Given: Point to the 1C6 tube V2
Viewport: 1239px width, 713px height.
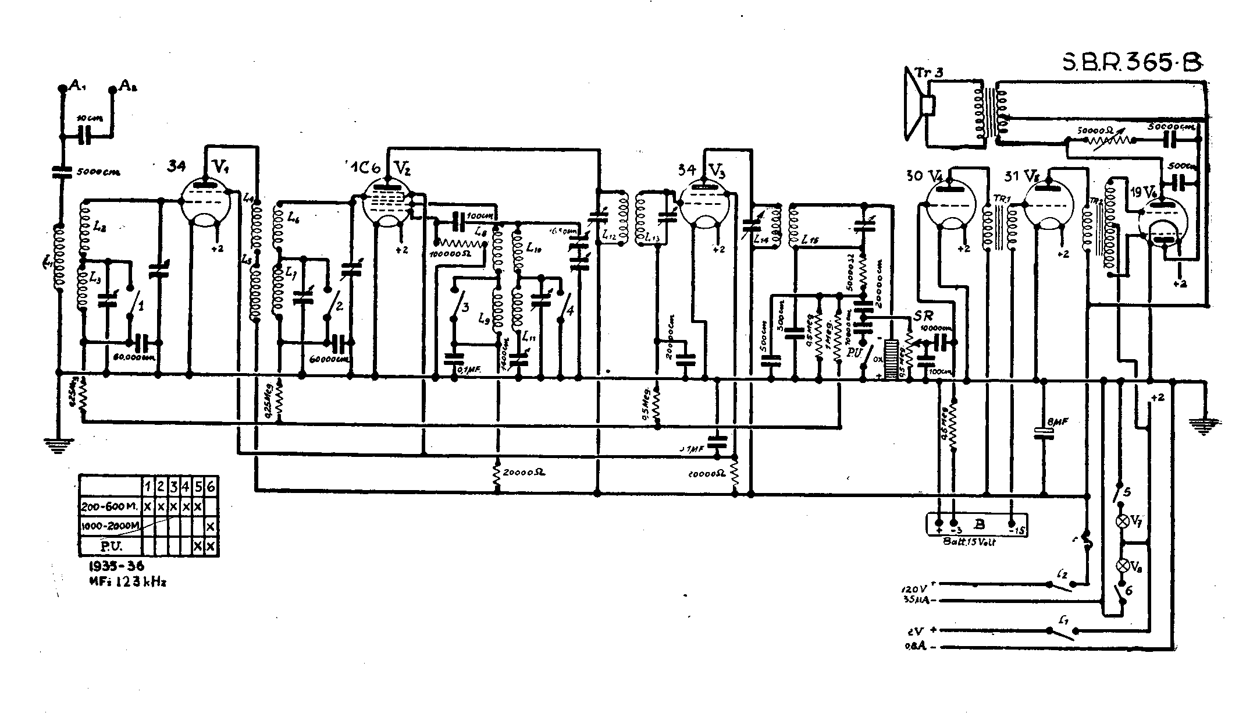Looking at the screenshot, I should click(x=387, y=204).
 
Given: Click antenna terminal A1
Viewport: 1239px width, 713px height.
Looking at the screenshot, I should click(x=63, y=88).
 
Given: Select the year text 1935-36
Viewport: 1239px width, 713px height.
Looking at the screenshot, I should click(x=113, y=566).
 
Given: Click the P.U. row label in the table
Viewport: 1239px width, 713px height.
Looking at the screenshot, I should click(x=111, y=546).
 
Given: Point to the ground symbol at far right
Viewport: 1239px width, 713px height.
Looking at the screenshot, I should click(x=1205, y=427).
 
